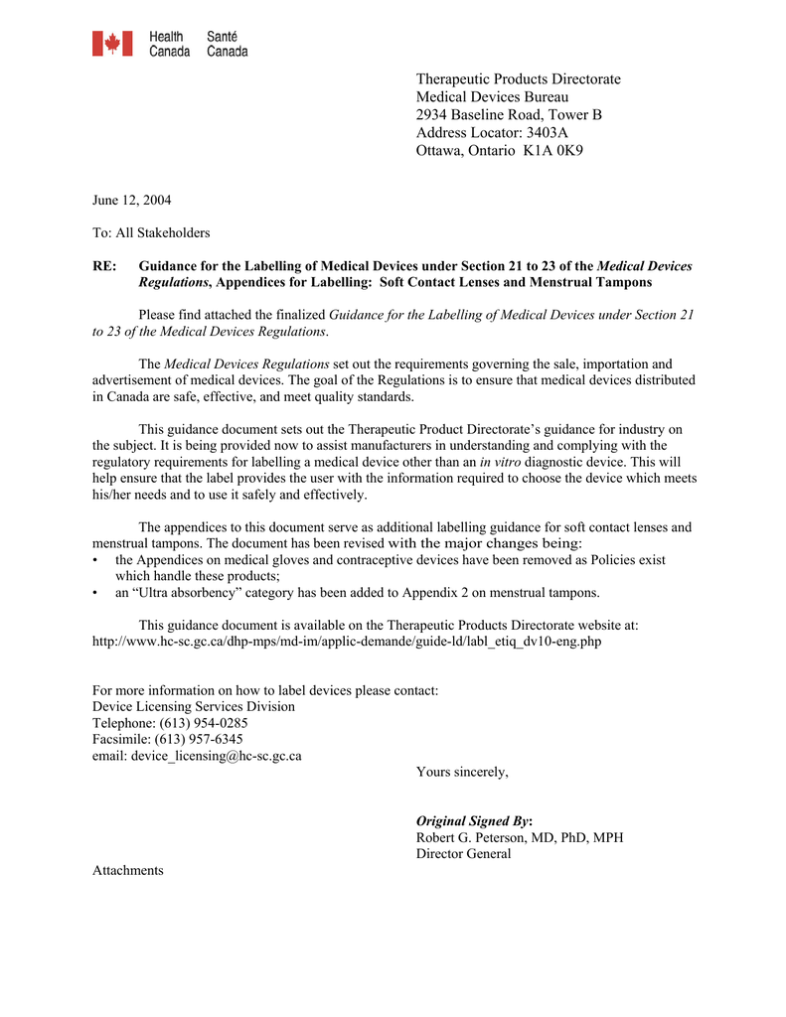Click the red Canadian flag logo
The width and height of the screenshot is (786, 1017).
pyautogui.click(x=112, y=44)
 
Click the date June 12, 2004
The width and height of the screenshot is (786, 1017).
pyautogui.click(x=131, y=201)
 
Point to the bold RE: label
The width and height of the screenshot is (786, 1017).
pyautogui.click(x=103, y=266)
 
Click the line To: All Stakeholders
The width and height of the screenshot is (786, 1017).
pyautogui.click(x=151, y=233)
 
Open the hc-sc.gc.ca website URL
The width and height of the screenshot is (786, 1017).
pyautogui.click(x=347, y=642)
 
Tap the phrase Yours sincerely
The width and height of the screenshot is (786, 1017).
pyautogui.click(x=462, y=772)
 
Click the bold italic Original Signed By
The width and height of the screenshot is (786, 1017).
pyautogui.click(x=473, y=821)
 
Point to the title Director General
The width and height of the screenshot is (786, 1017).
pyautogui.click(x=463, y=854)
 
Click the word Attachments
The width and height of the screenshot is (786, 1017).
pyautogui.click(x=127, y=871)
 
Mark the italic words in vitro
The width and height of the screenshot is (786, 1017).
pyautogui.click(x=500, y=462)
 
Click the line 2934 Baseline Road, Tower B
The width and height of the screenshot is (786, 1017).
pyautogui.click(x=509, y=115)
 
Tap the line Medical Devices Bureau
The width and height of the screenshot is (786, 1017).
pyautogui.click(x=492, y=97)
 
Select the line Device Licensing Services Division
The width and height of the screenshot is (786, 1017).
pyautogui.click(x=193, y=707)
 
